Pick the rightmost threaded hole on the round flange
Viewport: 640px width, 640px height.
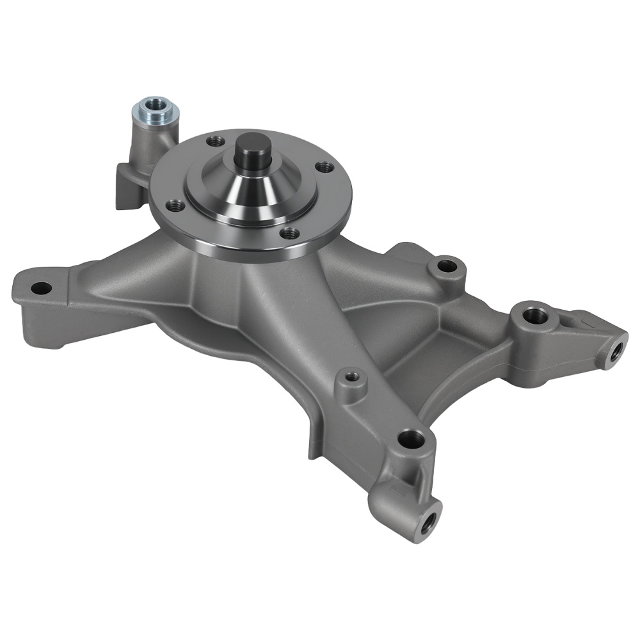click(x=326, y=166)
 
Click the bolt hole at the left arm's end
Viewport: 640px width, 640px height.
click(x=40, y=288)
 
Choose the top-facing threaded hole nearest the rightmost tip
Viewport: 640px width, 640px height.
click(x=535, y=315)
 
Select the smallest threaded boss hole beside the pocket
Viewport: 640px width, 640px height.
click(x=350, y=377)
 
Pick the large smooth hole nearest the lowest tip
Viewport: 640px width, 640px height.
click(x=410, y=439)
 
